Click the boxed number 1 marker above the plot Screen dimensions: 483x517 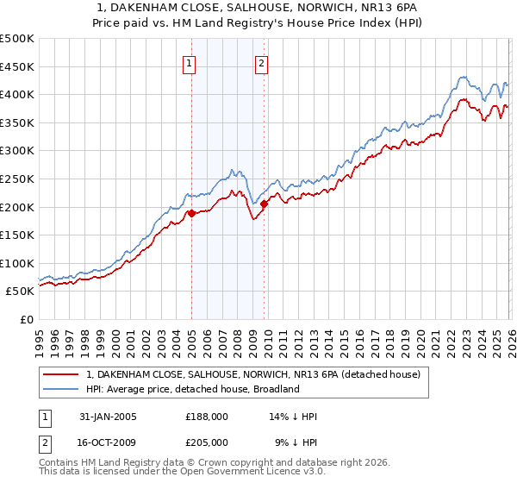click(x=189, y=62)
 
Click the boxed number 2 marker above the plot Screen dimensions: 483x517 click(x=260, y=62)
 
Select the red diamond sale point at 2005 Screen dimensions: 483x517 click(x=191, y=213)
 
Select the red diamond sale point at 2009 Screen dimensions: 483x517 click(x=264, y=204)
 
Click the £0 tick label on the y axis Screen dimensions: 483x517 click(x=26, y=320)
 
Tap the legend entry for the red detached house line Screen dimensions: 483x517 click(x=252, y=374)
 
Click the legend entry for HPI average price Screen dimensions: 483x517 click(x=192, y=389)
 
